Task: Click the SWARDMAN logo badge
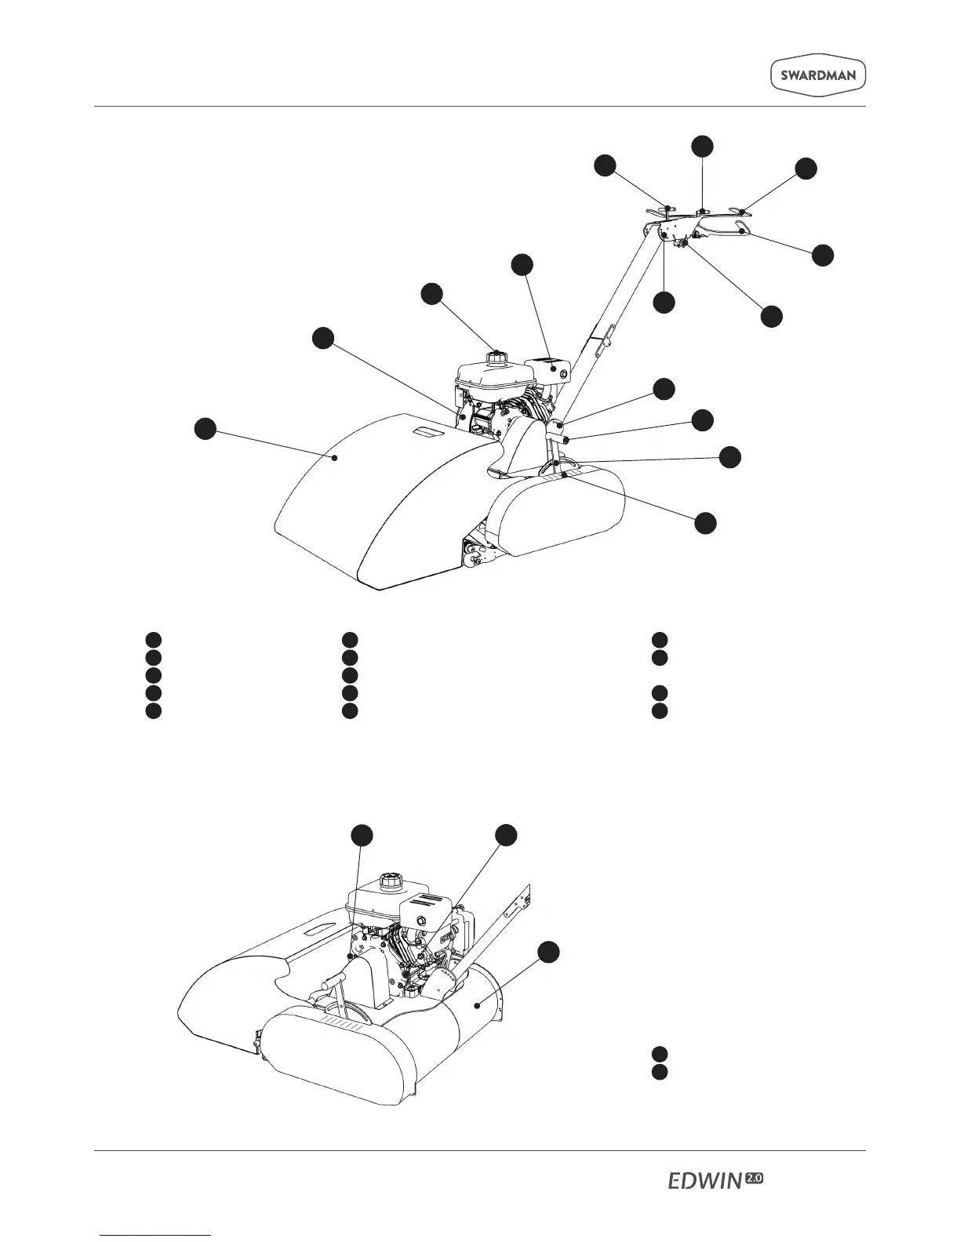tap(816, 76)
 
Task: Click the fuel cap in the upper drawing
tap(495, 357)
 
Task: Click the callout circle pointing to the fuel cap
tap(431, 294)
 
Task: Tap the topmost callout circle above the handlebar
tap(702, 145)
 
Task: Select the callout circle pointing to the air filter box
tap(522, 264)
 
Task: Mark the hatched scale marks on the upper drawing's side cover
tap(567, 474)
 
